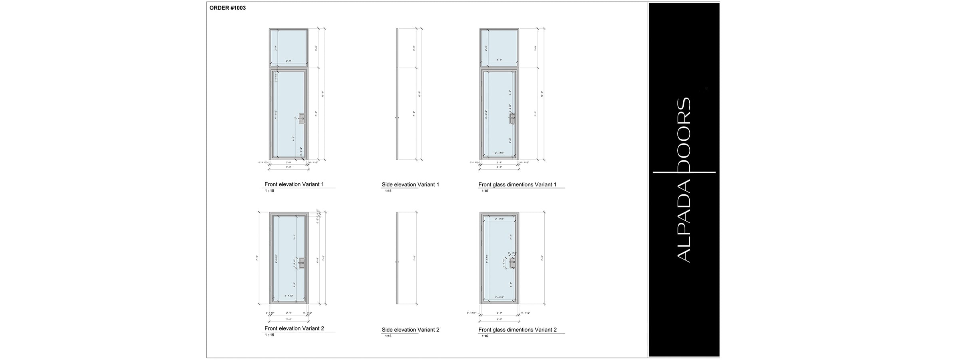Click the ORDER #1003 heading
point(227,8)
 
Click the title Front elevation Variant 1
point(294,184)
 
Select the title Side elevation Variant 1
point(410,185)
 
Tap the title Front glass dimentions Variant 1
point(517,185)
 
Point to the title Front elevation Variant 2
point(294,328)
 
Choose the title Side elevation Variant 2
point(410,330)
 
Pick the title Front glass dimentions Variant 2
point(517,330)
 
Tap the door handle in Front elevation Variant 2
point(302,262)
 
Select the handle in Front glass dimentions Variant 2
point(512,263)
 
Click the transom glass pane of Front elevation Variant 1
point(288,47)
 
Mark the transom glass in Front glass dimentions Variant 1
point(499,47)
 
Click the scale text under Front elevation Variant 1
point(269,191)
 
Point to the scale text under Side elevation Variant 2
point(388,336)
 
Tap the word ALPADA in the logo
point(684,222)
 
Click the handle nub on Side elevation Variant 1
point(396,118)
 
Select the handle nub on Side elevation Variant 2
point(396,262)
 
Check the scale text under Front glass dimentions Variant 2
point(485,336)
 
